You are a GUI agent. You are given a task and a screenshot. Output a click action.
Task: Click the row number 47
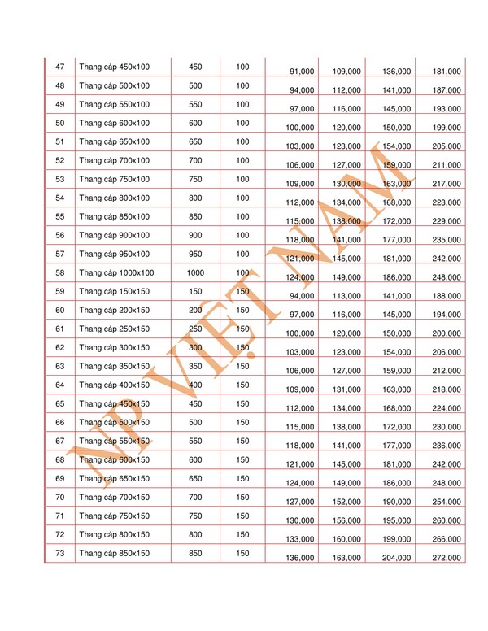click(59, 67)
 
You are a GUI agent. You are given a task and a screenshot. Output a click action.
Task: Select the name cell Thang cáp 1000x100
click(116, 272)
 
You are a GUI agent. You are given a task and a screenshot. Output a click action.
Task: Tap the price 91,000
click(302, 72)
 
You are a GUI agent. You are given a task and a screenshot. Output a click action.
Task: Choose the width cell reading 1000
click(195, 272)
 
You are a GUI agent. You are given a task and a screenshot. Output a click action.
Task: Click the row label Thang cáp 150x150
click(114, 291)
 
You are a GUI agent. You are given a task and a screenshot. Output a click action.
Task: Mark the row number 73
click(59, 553)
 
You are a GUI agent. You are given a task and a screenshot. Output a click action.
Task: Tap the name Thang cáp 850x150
click(114, 553)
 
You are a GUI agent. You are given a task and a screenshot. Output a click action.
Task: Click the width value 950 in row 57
click(195, 254)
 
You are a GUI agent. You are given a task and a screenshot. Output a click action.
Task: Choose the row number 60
click(59, 310)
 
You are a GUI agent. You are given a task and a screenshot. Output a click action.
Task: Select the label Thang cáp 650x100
click(114, 141)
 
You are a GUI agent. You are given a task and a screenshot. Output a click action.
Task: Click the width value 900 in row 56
click(195, 235)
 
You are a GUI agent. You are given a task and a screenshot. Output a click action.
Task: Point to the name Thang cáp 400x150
click(114, 385)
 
